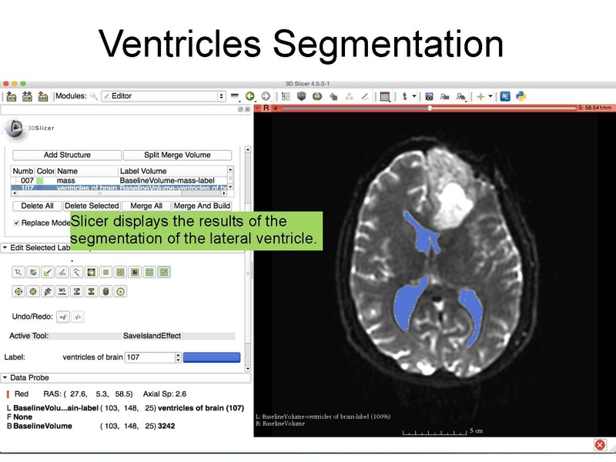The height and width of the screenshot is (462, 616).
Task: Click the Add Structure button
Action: [67, 155]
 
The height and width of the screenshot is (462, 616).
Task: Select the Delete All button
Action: [37, 206]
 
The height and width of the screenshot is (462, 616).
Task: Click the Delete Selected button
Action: [92, 206]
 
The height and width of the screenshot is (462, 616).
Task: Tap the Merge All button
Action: [146, 206]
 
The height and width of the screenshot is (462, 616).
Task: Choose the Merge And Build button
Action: [203, 206]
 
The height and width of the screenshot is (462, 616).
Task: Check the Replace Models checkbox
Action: [17, 223]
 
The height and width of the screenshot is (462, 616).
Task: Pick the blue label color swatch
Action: [212, 357]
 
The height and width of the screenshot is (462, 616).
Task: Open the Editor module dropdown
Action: [162, 96]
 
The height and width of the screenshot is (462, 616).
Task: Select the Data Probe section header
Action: [29, 378]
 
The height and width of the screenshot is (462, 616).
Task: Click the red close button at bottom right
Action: [601, 445]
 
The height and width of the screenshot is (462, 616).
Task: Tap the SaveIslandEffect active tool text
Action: [151, 336]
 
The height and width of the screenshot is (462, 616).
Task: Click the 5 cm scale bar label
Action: [477, 431]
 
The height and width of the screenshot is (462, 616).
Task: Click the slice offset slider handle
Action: [430, 109]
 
